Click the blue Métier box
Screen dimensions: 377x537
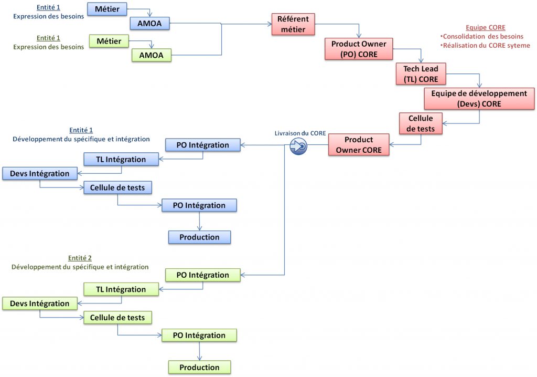107,9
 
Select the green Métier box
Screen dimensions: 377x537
109,41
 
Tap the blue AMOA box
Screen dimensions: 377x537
150,23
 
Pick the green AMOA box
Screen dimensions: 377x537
151,55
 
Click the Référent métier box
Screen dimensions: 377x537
293,24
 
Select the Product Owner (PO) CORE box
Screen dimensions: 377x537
359,49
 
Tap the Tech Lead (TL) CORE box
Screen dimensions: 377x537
421,74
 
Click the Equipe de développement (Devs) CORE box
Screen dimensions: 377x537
479,99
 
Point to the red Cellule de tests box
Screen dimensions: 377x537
421,123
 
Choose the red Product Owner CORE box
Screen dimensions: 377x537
359,145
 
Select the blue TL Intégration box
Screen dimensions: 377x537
122,159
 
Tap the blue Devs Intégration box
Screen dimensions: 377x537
39,174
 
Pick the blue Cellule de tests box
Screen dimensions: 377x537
117,187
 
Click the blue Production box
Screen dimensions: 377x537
199,237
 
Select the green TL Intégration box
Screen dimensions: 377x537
122,289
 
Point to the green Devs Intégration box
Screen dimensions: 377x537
39,303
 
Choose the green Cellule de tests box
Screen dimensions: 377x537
117,318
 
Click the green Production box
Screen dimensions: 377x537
199,368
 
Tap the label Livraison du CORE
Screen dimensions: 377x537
300,133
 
